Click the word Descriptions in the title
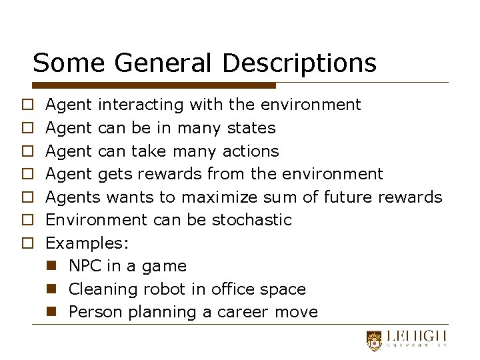pyautogui.click(x=299, y=63)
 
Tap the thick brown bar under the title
pyautogui.click(x=154, y=85)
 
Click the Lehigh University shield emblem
pyautogui.click(x=375, y=340)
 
